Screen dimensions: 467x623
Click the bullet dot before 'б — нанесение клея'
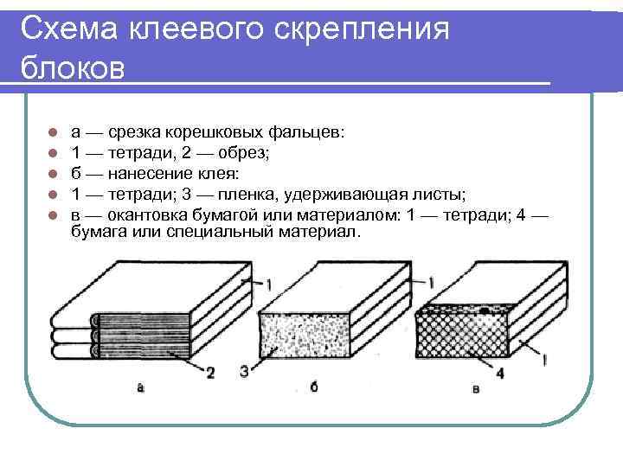pos(52,172)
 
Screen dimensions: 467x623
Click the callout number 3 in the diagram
pos(245,372)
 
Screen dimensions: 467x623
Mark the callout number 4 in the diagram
pos(500,374)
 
